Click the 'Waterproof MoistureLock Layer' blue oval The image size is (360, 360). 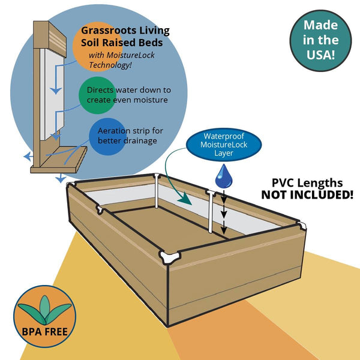(x=224, y=145)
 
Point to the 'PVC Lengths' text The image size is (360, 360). (x=307, y=182)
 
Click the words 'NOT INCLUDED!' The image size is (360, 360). (x=307, y=194)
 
